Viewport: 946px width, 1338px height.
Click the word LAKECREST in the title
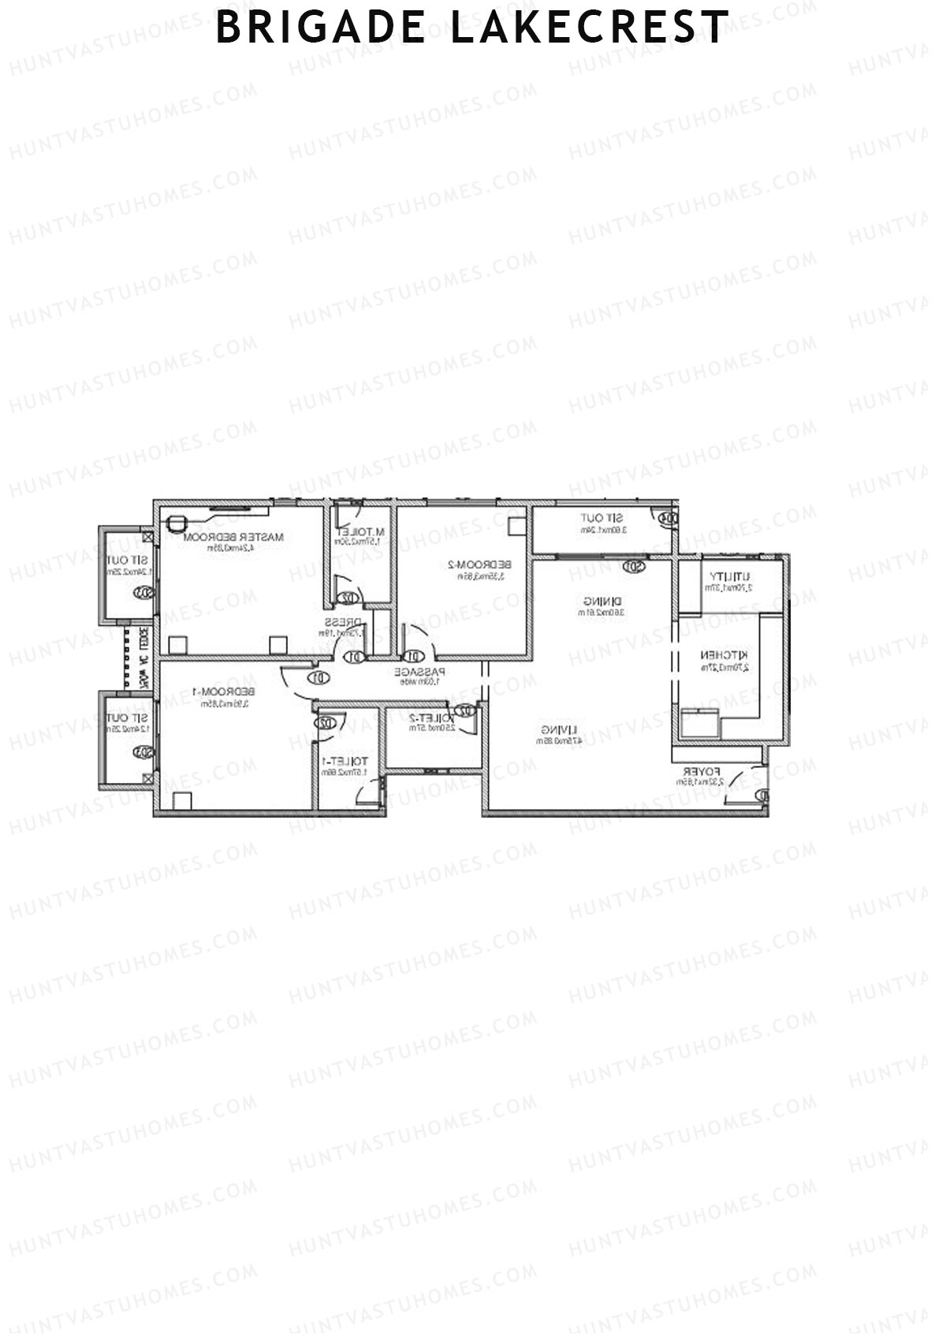[590, 28]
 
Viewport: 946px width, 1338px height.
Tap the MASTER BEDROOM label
[233, 537]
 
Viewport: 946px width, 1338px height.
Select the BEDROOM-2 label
[479, 565]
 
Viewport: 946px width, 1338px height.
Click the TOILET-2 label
[430, 717]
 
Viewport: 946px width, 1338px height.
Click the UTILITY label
[730, 576]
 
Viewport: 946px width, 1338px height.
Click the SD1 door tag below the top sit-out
[633, 566]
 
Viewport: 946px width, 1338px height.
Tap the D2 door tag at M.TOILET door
[345, 599]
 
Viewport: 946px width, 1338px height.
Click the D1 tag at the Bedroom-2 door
[412, 656]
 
